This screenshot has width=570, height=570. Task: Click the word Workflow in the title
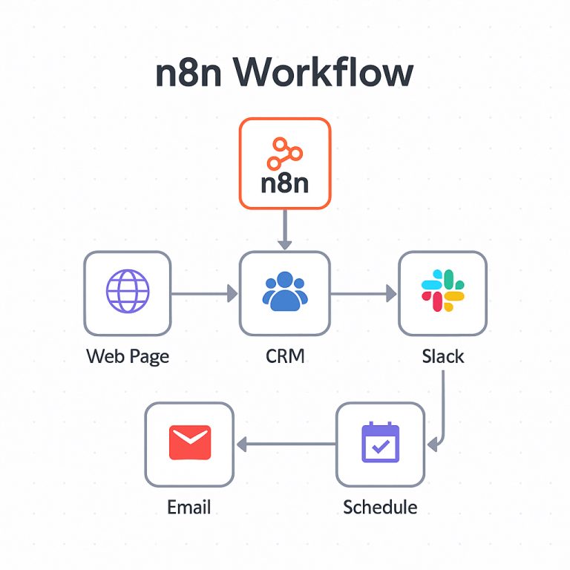click(323, 72)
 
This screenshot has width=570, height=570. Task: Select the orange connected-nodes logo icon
click(285, 154)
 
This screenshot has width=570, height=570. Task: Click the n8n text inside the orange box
click(285, 183)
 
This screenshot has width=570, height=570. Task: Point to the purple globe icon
click(128, 291)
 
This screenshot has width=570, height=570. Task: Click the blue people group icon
click(285, 292)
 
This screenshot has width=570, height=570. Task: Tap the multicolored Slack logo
click(443, 290)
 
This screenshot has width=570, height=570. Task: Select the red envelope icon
click(190, 442)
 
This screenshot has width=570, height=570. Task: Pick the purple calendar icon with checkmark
click(381, 442)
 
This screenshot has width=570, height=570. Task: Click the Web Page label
click(128, 356)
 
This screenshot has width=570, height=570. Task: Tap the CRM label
click(285, 356)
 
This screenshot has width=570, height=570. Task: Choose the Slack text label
click(443, 356)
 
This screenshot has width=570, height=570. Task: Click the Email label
click(189, 507)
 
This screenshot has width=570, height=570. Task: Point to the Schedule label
click(380, 507)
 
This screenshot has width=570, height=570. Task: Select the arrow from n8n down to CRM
click(285, 230)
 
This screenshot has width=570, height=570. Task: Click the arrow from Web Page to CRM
click(205, 293)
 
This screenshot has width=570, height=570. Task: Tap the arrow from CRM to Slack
click(364, 293)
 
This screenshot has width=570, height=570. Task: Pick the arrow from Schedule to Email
click(286, 445)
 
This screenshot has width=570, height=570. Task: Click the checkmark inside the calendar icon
click(381, 446)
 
